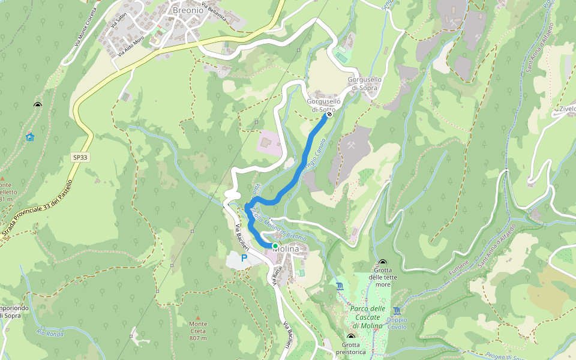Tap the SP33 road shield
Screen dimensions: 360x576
(79, 157)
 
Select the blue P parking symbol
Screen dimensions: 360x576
(244, 258)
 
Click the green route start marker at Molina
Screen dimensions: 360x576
(275, 246)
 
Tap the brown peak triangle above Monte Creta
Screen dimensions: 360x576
(197, 317)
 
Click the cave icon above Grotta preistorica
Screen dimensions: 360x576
(351, 337)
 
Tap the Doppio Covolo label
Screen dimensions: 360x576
(397, 323)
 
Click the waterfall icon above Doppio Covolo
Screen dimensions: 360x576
(397, 310)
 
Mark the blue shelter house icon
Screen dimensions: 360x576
(30, 137)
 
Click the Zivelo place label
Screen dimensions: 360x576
(566, 109)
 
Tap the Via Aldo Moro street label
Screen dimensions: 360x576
(131, 46)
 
